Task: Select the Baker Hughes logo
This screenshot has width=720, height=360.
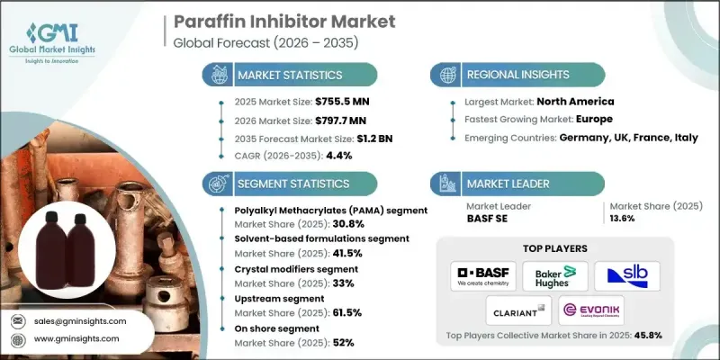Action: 554,276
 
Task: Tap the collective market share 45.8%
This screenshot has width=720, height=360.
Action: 645,336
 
